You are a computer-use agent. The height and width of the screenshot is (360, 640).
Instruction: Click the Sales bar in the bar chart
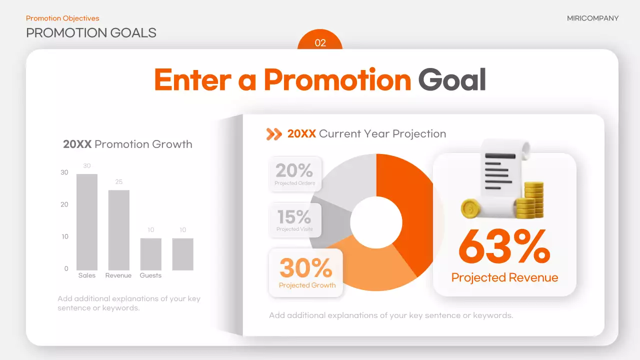tap(87, 222)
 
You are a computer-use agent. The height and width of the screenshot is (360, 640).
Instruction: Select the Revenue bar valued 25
tap(119, 230)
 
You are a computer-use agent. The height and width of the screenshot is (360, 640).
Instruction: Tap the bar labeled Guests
tap(150, 254)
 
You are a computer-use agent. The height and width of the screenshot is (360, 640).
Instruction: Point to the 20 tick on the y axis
tap(64, 204)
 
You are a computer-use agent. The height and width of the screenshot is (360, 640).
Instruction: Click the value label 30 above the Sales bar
tap(87, 166)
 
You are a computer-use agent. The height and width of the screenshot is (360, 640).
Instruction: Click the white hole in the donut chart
tap(376, 222)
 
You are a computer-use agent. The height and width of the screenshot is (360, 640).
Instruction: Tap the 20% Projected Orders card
tap(295, 173)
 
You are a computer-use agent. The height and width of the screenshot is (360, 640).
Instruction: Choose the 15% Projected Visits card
tap(294, 219)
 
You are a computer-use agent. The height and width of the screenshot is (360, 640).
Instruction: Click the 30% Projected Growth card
tap(306, 272)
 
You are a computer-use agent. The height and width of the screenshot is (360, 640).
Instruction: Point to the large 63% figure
tap(504, 246)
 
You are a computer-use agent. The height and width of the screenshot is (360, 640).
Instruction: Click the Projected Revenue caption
tap(504, 278)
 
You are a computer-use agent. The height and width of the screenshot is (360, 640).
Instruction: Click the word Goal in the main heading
tap(452, 80)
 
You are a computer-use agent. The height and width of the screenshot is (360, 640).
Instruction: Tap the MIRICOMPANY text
tap(592, 18)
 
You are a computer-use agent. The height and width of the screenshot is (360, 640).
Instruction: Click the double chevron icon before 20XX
tap(274, 134)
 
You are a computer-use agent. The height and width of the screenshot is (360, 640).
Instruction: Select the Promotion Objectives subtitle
tap(62, 18)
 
